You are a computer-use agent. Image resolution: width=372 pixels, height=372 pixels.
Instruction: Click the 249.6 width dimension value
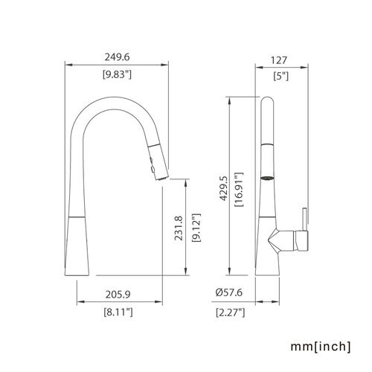point(117,57)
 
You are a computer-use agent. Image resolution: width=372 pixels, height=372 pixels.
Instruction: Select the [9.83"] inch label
point(117,74)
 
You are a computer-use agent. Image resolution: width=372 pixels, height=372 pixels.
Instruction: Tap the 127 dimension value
point(279,60)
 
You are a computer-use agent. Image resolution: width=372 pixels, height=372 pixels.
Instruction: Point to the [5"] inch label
point(281,76)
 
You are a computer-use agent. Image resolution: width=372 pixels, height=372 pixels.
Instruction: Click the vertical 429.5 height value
point(223,188)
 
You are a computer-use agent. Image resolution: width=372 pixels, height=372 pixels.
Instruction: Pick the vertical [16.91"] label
point(239,190)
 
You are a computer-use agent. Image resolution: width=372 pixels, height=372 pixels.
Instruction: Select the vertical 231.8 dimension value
point(179,228)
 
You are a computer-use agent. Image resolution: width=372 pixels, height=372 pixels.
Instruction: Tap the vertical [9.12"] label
point(196,228)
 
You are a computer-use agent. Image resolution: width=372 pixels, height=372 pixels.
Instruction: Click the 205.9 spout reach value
point(118,295)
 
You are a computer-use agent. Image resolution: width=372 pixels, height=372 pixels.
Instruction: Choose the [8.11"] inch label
point(118,312)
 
